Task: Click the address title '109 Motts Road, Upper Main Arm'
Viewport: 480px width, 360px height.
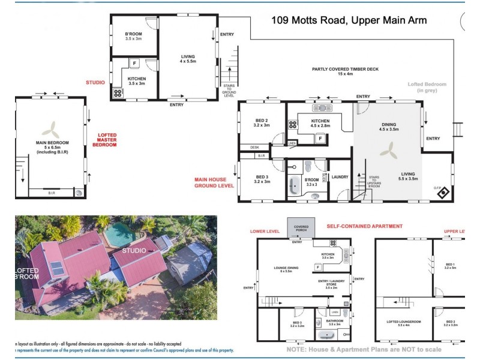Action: click(349, 20)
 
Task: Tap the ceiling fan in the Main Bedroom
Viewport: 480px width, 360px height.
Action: click(51, 128)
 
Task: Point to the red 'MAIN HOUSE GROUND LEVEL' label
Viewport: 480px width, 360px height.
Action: click(214, 182)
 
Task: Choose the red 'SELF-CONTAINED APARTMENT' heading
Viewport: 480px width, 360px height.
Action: click(364, 226)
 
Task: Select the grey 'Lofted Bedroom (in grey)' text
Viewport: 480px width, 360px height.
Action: click(427, 88)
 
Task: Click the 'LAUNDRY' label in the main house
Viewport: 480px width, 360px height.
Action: click(340, 177)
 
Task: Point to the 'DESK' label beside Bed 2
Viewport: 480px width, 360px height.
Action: click(246, 147)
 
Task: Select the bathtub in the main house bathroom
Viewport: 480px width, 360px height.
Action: click(294, 187)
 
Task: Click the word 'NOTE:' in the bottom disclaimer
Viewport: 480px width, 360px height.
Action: click(297, 349)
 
